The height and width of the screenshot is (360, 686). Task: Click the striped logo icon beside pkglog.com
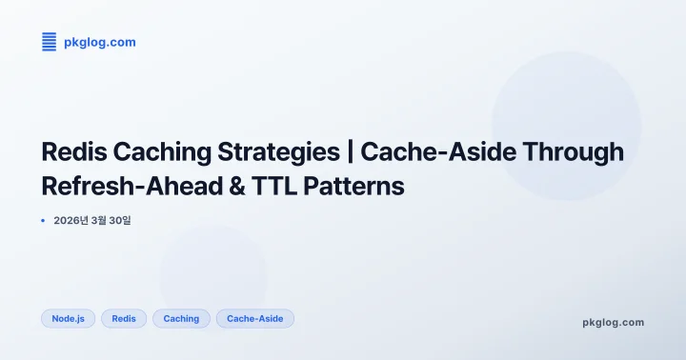[50, 41]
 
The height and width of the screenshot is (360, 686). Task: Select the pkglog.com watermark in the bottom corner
[613, 322]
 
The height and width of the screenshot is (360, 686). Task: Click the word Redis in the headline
[73, 152]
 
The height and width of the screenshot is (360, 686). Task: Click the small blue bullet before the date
[43, 221]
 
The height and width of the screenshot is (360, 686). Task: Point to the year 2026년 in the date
[71, 221]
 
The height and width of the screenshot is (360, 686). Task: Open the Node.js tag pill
[69, 318]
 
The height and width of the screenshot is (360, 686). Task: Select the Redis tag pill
[124, 318]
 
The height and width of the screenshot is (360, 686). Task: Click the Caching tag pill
[181, 318]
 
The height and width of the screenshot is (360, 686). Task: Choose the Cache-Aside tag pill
[254, 318]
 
